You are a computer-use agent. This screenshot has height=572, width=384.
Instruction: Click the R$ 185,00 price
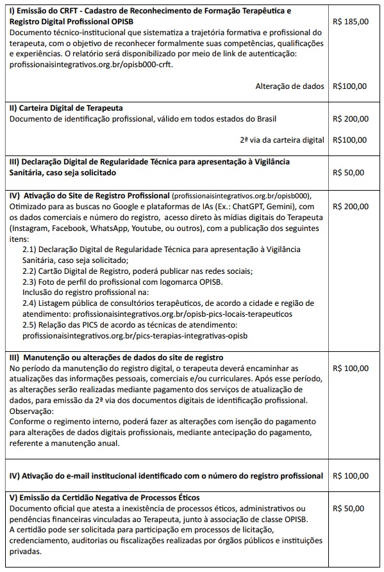pyautogui.click(x=351, y=21)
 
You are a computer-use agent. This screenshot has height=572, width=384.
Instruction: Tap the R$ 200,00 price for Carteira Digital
pyautogui.click(x=351, y=119)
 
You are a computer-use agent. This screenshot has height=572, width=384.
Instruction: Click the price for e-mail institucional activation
pyautogui.click(x=351, y=476)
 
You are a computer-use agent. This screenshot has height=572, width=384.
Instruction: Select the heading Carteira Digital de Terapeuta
pyautogui.click(x=67, y=108)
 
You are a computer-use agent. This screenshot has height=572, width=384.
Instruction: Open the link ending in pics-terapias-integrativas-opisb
pyautogui.click(x=135, y=335)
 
